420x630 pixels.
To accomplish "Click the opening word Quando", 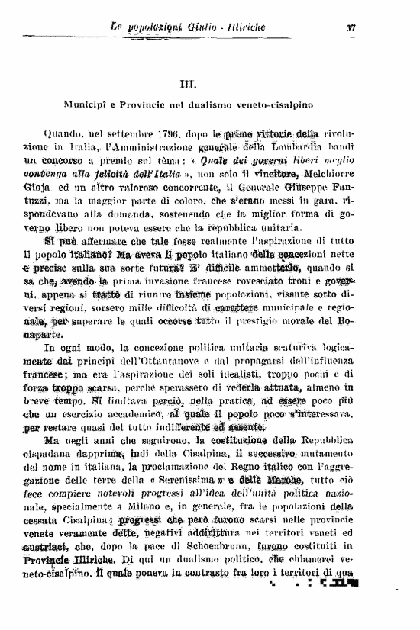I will [x=66, y=136].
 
